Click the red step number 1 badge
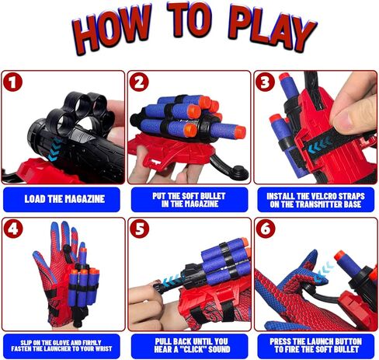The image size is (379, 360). click(x=12, y=82)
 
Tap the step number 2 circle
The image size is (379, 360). click(x=139, y=82)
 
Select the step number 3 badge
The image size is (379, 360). click(x=265, y=82)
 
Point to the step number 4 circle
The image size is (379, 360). click(x=13, y=229)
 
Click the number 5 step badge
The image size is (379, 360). click(x=139, y=229)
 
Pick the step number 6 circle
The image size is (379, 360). click(x=266, y=229)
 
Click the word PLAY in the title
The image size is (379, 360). click(x=272, y=27)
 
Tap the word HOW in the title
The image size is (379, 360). click(x=111, y=30)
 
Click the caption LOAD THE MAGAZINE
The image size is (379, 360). click(x=64, y=199)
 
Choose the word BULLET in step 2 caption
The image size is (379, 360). click(x=214, y=196)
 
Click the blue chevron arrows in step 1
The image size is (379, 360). click(x=55, y=149)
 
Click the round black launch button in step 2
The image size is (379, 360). click(x=240, y=172)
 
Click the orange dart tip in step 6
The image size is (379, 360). click(x=341, y=256)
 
